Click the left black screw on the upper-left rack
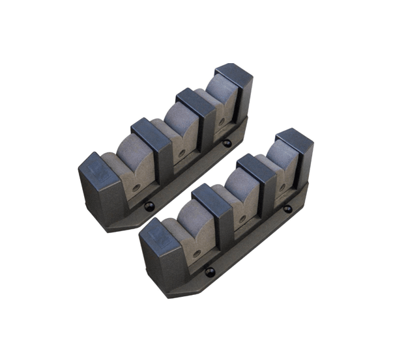coord(149,206)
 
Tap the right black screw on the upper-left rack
coord(226,143)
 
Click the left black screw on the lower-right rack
coord(210,272)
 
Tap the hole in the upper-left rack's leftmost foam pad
coord(136,186)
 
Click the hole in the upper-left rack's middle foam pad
coord(182,154)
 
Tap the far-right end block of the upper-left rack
coord(235,85)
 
